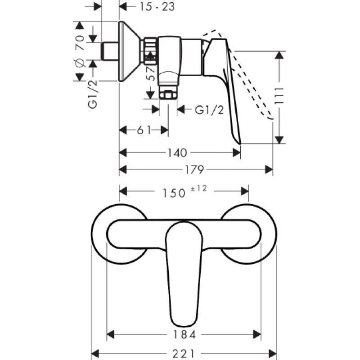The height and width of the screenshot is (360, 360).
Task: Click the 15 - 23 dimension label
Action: pyautogui.click(x=157, y=6)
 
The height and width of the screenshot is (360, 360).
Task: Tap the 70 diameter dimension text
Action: pyautogui.click(x=80, y=43)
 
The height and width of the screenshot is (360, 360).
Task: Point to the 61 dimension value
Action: pyautogui.click(x=144, y=130)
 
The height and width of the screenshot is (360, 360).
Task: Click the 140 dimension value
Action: pyautogui.click(x=177, y=153)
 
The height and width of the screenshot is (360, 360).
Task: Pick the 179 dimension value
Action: pyautogui.click(x=194, y=170)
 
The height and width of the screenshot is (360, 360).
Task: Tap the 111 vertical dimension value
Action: pyautogui.click(x=279, y=96)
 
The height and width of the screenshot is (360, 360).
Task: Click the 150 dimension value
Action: pyautogui.click(x=174, y=193)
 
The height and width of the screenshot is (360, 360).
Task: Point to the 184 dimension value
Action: pyautogui.click(x=184, y=334)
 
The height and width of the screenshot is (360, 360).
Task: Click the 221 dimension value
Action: pyautogui.click(x=183, y=354)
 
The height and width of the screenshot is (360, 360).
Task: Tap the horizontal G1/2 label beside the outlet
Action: pyautogui.click(x=209, y=110)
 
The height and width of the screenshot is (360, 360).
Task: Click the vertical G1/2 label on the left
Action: pyautogui.click(x=93, y=94)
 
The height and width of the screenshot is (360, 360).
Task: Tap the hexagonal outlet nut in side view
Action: pyautogui.click(x=168, y=94)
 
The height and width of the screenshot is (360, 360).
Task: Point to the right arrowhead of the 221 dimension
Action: pyautogui.click(x=272, y=353)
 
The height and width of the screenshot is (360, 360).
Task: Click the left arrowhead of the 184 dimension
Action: pyautogui.click(x=111, y=334)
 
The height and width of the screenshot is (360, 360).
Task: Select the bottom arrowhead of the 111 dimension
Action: pyautogui.click(x=279, y=140)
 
